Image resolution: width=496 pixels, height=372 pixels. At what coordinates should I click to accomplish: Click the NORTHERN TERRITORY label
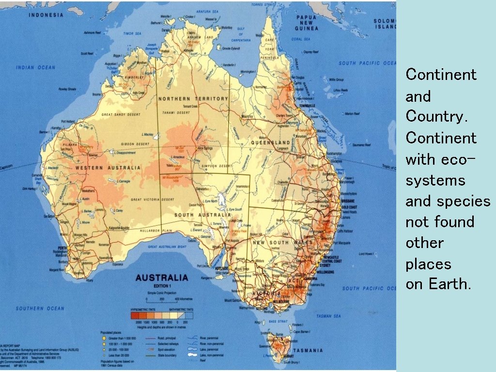point(192,99)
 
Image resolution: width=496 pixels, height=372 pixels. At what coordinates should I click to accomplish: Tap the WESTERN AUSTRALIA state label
point(108,168)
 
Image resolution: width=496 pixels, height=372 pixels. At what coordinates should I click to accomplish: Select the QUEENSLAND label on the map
point(270,143)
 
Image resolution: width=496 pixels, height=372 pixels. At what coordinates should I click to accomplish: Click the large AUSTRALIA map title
point(161,278)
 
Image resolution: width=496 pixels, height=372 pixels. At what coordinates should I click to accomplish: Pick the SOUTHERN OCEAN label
point(40,309)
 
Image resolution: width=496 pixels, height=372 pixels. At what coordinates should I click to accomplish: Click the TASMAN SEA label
point(329,316)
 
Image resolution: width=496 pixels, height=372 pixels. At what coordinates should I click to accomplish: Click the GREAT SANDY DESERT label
point(121,115)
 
